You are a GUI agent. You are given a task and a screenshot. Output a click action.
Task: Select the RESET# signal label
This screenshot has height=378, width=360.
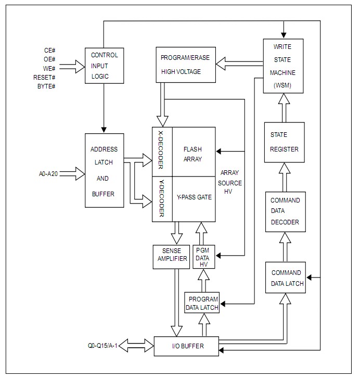(46, 77)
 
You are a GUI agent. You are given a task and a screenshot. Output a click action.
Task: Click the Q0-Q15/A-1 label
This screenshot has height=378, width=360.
(103, 346)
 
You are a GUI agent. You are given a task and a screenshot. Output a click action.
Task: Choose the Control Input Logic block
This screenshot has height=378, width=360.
(104, 66)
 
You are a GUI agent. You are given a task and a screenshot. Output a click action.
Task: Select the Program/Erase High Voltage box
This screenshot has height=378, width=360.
(185, 65)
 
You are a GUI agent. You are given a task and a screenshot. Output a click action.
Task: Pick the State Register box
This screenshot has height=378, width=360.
(284, 142)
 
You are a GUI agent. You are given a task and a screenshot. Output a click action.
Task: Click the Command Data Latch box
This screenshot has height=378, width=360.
(286, 278)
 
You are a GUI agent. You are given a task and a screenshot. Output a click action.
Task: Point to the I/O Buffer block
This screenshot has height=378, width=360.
(186, 346)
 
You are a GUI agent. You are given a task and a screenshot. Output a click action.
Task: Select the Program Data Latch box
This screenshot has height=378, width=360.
(202, 303)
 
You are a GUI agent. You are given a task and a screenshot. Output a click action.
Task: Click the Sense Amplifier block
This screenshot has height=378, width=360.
(171, 256)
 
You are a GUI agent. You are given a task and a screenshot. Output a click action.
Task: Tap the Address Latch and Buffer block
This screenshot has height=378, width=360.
(104, 171)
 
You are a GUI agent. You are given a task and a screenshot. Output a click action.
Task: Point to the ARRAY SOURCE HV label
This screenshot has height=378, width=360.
(230, 183)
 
